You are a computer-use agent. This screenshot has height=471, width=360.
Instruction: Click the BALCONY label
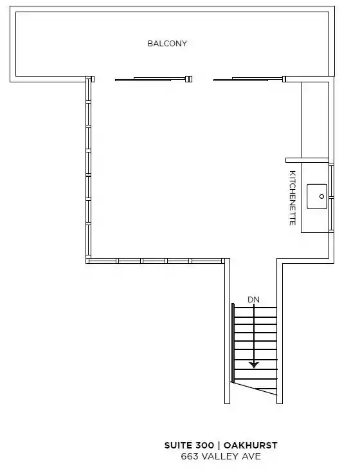167,44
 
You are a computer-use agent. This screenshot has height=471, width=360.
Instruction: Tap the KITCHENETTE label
292,198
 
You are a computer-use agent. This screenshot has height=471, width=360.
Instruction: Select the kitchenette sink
317,196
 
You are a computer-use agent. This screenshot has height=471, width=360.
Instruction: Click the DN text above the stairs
253,300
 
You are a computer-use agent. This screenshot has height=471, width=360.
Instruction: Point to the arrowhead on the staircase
254,365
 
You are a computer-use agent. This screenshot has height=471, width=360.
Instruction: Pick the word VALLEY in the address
221,457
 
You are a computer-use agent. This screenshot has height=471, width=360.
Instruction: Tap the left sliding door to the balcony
153,79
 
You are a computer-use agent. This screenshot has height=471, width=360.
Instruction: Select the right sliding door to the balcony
249,79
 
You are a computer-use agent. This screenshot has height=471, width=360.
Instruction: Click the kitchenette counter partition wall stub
307,160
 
